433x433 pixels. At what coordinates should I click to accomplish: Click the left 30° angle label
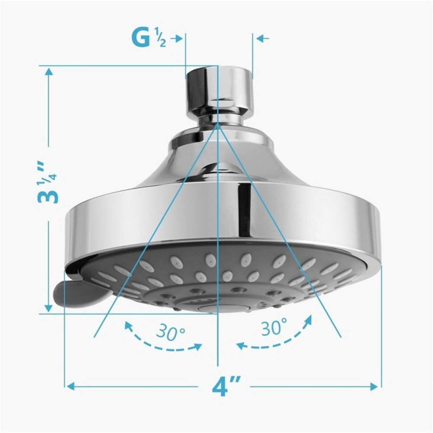coord(171,333)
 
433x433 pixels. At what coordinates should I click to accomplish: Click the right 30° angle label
coord(274,328)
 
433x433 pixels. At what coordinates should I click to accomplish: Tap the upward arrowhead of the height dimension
coord(48,71)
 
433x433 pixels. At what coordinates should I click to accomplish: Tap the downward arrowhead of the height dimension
coord(48,308)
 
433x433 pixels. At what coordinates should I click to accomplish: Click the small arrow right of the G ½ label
coord(177,39)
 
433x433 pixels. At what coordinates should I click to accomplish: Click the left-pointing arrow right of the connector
coord(262,39)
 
